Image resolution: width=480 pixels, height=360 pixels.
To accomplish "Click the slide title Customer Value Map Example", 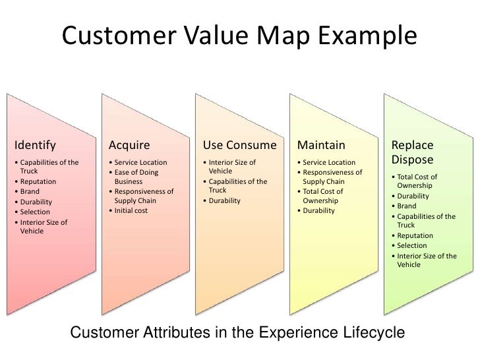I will [239, 34].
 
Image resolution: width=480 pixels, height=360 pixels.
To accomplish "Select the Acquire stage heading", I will [129, 145].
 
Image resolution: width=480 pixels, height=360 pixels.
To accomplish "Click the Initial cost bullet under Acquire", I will [129, 210].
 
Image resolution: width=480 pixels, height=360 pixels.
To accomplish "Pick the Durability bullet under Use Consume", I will [224, 200].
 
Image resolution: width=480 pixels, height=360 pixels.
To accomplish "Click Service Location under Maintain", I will [328, 163].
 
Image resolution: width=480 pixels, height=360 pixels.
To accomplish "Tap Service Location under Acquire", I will [140, 163].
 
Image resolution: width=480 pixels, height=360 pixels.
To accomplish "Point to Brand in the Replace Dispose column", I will [407, 206].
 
